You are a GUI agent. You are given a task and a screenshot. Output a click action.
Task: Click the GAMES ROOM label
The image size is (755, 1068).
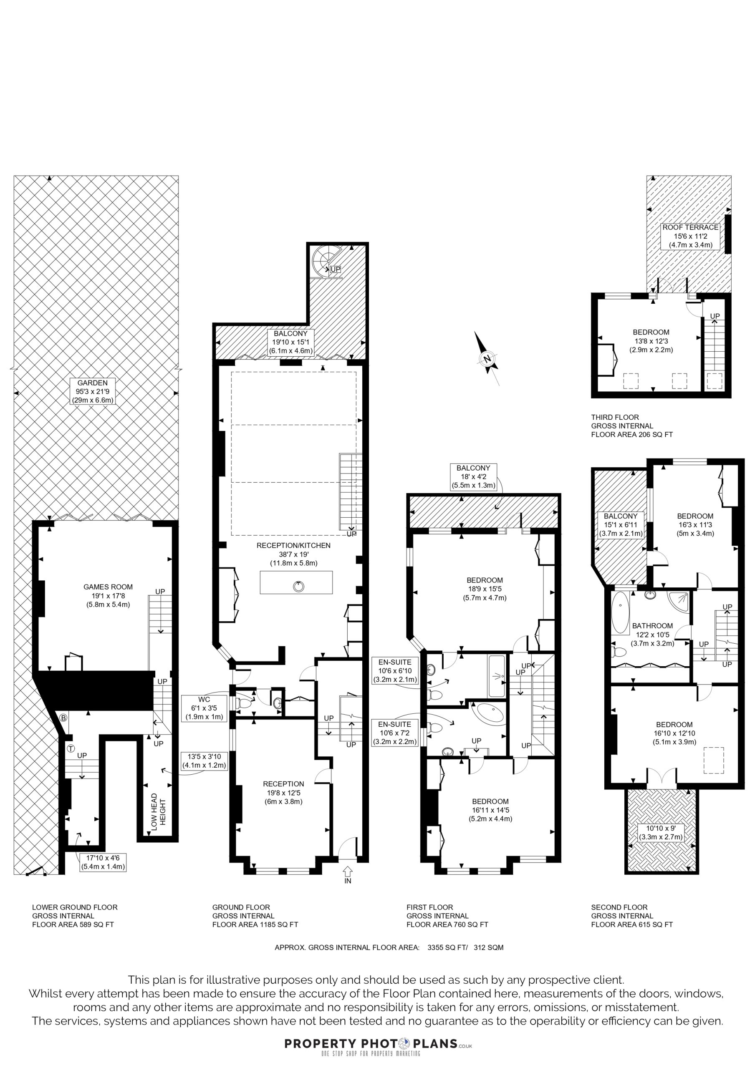point(108,587)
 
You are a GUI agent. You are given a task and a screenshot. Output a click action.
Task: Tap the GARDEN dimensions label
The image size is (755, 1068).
point(93,391)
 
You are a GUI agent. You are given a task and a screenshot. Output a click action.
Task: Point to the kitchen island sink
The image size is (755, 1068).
point(298,586)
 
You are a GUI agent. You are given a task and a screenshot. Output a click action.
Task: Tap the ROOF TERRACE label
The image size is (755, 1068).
point(690,227)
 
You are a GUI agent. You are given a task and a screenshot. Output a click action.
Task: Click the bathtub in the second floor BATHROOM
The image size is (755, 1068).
point(621,613)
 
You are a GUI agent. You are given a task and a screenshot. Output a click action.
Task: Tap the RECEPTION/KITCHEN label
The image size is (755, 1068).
point(293,545)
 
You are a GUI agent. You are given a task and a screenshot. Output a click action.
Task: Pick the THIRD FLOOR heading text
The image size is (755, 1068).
point(615,417)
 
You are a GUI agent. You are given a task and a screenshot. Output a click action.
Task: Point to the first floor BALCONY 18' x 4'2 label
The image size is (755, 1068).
point(473,477)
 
